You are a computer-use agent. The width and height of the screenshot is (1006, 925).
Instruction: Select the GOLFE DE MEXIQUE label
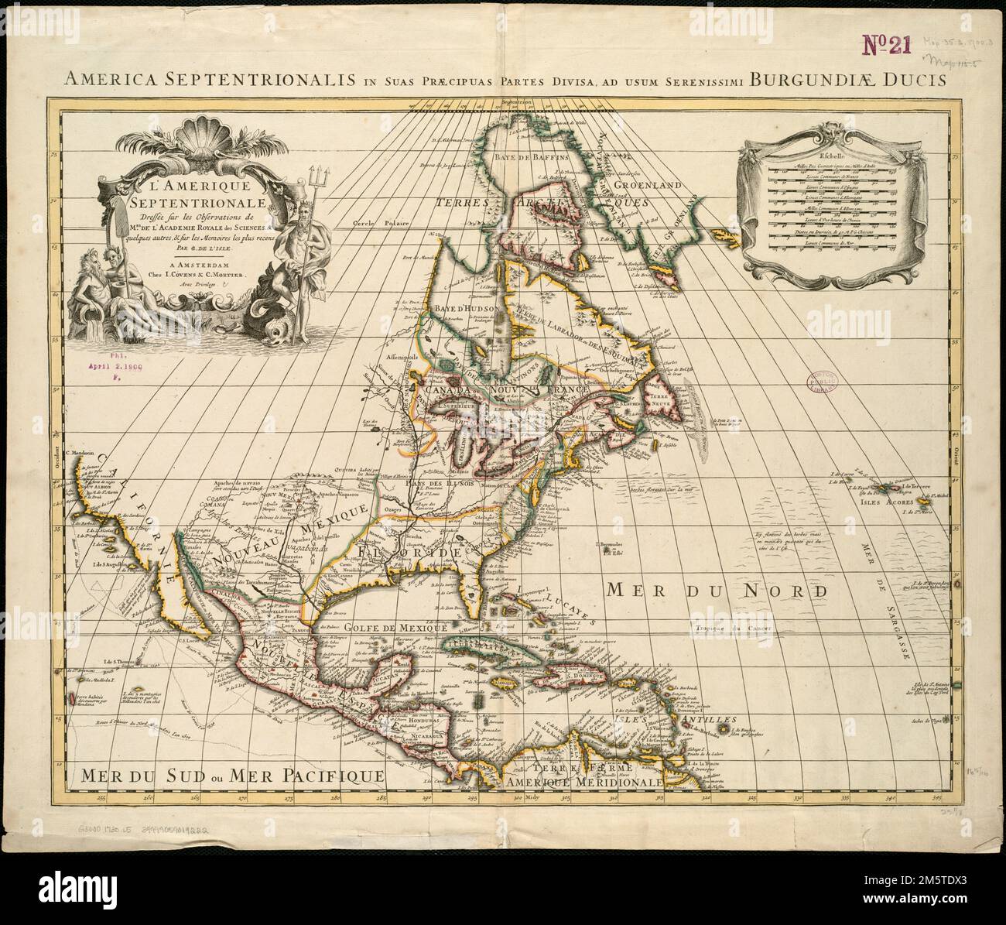click(x=394, y=628)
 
